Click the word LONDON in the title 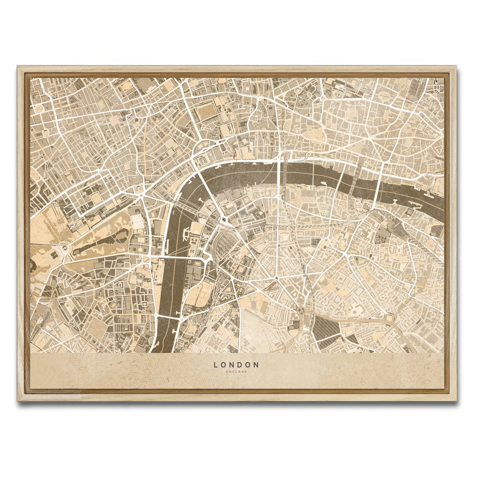click(237, 364)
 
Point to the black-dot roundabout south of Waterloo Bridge click(224, 219)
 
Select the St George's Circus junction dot click(276, 277)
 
